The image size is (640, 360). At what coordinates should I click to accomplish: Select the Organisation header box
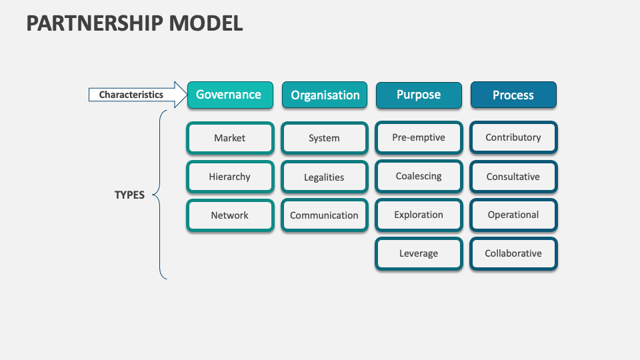point(325,95)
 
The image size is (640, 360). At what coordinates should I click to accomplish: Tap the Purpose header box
point(419,95)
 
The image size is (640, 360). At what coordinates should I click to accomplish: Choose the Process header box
point(513,95)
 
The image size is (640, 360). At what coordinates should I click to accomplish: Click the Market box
point(230,138)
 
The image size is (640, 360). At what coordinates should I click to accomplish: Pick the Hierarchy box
point(230,177)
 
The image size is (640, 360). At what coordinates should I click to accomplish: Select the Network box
point(230,215)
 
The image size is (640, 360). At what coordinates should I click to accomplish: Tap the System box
point(325,138)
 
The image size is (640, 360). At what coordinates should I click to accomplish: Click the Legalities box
point(325,177)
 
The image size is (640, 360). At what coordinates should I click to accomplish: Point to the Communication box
point(325,215)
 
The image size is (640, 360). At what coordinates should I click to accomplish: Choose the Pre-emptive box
point(419,137)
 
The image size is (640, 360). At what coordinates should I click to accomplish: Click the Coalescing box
point(419,177)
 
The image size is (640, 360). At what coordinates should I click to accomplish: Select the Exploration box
point(419,215)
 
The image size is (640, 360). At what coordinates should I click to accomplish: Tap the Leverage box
point(419,253)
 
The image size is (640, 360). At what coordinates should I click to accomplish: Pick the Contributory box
point(513,137)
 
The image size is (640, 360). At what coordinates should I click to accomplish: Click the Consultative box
point(513,177)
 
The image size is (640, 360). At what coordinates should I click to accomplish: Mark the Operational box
point(513,215)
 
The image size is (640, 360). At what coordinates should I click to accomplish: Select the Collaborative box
point(513,253)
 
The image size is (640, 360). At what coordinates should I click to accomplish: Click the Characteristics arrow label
point(132,95)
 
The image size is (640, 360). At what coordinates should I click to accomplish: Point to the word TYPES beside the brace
point(129,195)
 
